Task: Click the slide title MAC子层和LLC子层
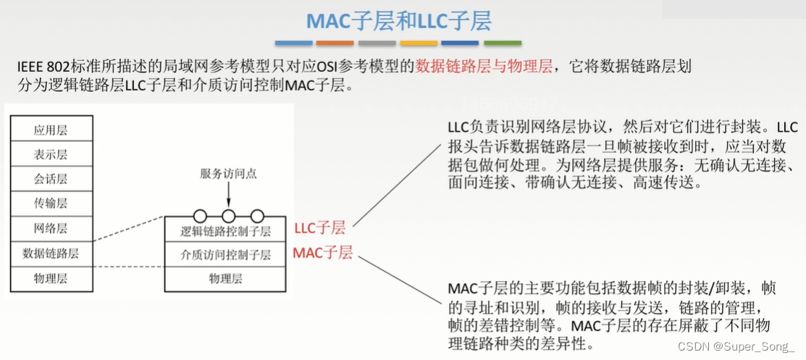(x=398, y=20)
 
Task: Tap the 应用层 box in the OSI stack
(x=51, y=130)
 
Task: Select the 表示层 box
(x=51, y=155)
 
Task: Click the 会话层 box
(x=51, y=180)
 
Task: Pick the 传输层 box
(x=51, y=204)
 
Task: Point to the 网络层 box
(x=51, y=229)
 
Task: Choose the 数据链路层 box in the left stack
(x=51, y=254)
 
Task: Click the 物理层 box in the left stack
(x=51, y=278)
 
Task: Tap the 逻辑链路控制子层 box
(x=225, y=232)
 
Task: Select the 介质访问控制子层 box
(x=225, y=255)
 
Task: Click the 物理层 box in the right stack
(x=225, y=278)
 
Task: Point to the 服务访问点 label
(x=228, y=175)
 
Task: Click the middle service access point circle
(x=229, y=216)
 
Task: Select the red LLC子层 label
(x=320, y=228)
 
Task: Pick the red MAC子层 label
(x=322, y=254)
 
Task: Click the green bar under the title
(x=503, y=43)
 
